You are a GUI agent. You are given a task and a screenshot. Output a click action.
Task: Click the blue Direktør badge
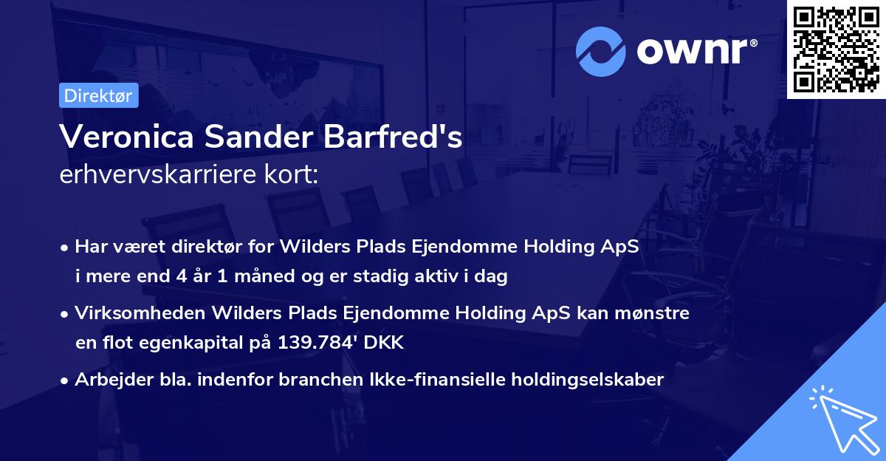point(98,95)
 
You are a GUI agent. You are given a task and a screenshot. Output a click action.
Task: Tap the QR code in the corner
point(836,49)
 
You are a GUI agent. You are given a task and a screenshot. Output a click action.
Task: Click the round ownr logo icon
point(601,52)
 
